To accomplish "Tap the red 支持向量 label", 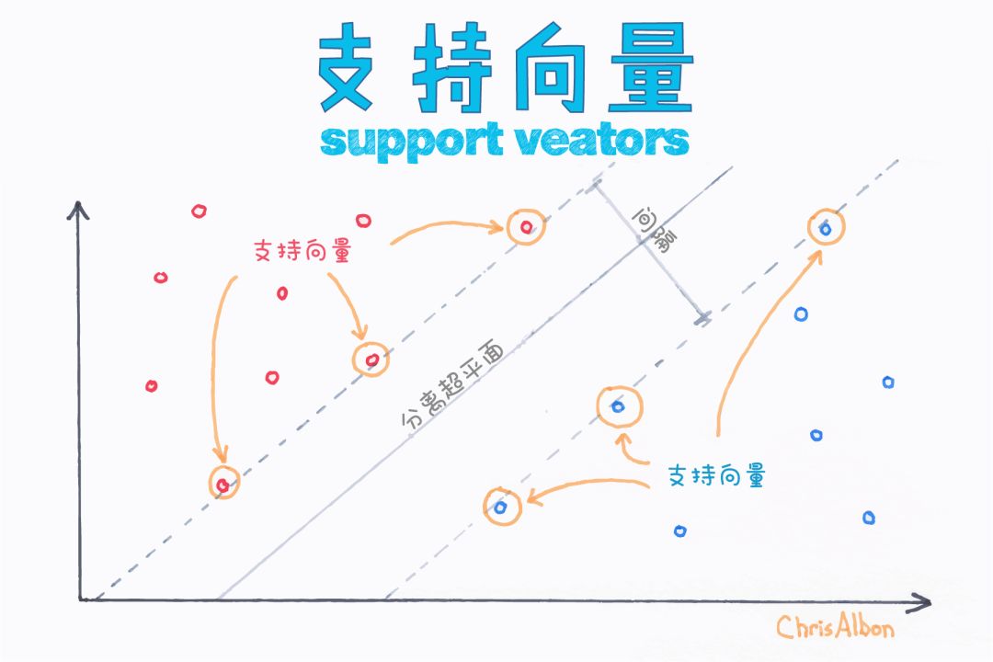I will click(x=302, y=251).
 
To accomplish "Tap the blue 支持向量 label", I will click(x=717, y=475).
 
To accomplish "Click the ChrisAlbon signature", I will click(x=834, y=627).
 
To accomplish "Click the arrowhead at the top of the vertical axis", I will click(x=79, y=209).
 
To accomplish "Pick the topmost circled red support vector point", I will click(x=525, y=226).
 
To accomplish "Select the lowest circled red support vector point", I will click(x=223, y=484).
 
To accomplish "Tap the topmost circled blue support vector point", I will click(x=825, y=227).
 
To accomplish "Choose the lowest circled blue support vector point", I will click(x=501, y=506).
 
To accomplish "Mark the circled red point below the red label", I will click(x=371, y=359).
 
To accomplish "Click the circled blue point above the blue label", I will click(x=618, y=406).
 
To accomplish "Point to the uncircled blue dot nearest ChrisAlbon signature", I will click(x=868, y=518).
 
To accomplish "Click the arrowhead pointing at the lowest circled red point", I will click(x=219, y=457).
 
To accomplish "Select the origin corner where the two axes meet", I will click(x=81, y=599).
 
